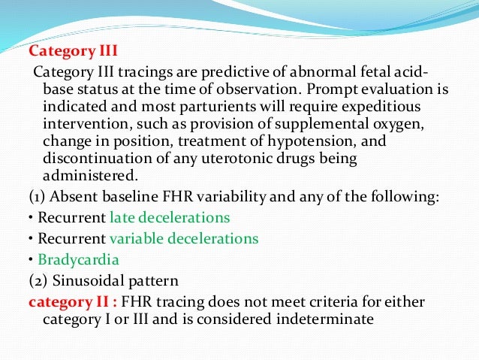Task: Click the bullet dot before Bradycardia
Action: (30, 259)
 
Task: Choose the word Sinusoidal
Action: (83, 281)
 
